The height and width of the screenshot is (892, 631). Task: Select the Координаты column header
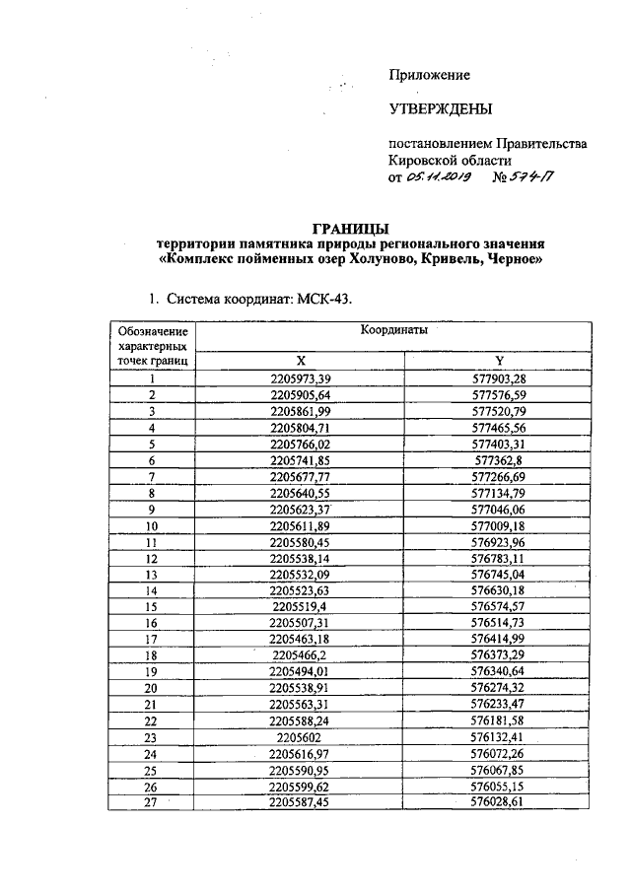(392, 333)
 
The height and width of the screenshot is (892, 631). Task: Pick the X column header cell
(300, 361)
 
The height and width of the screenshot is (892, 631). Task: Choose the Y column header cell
(499, 361)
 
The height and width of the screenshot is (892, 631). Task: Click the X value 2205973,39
(300, 377)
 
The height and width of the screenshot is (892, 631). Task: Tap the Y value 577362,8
(499, 459)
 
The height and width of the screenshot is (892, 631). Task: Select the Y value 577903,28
(499, 377)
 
